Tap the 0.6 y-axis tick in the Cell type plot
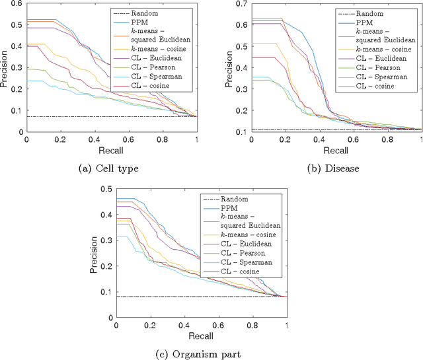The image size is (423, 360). [15, 5]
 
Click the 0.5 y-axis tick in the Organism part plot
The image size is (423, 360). [104, 190]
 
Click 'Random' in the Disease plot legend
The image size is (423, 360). [384, 13]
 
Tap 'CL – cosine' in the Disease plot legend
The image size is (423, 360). [387, 86]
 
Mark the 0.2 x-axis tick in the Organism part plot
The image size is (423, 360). [150, 325]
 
